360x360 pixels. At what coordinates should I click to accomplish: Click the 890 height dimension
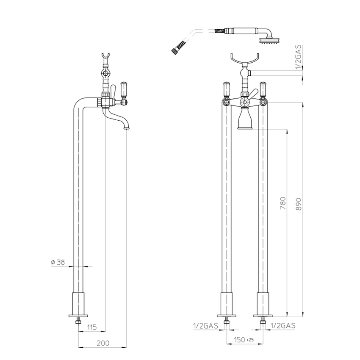298,204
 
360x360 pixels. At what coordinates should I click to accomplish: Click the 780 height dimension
283,203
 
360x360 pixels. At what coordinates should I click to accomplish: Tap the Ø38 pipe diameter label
58,262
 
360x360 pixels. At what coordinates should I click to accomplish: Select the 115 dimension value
92,327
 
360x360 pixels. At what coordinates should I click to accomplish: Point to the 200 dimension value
103,343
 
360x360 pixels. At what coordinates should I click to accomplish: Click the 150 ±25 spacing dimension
244,340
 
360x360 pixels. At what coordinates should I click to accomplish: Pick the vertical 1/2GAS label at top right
298,57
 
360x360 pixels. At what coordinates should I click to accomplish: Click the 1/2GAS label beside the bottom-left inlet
205,326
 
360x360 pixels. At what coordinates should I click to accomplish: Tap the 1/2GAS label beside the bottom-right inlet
283,326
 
